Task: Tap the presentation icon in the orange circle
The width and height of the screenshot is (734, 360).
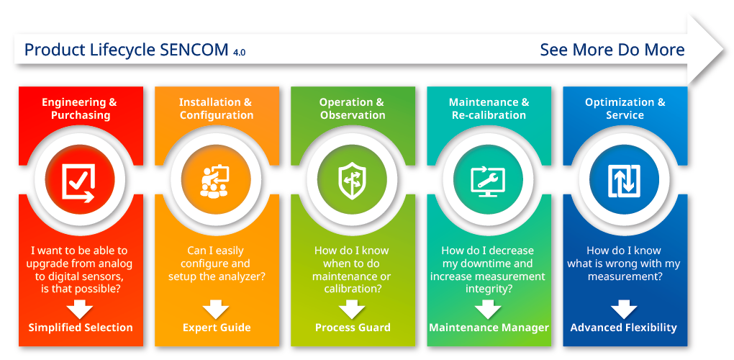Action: point(215,180)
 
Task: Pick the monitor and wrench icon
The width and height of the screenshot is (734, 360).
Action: point(488,181)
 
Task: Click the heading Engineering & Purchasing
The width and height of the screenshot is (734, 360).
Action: point(80,109)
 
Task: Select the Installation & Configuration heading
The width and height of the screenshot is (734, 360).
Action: point(216,109)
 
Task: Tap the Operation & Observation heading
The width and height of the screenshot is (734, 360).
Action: point(352,109)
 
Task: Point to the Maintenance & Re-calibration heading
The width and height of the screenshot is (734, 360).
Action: point(489,109)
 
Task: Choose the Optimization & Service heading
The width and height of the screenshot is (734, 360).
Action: point(625,109)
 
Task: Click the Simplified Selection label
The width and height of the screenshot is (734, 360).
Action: point(81,327)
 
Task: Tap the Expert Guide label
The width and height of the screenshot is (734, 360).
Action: point(217,327)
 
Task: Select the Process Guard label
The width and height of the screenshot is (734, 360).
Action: point(353,327)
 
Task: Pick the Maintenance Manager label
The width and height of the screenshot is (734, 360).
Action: point(489,327)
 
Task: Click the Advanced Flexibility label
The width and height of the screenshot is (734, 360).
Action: point(623,327)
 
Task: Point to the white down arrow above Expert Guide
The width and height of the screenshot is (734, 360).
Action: point(216,309)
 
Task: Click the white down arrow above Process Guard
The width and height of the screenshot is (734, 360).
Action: point(352,309)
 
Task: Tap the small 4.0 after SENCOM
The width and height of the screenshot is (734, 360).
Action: point(239,53)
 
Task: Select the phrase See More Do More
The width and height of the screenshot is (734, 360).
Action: point(612,49)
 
